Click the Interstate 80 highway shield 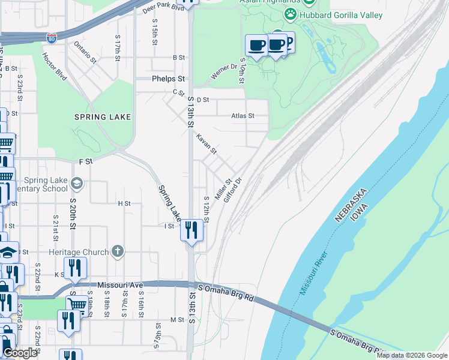tap(52, 37)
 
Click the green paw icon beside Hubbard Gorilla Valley tap(291, 13)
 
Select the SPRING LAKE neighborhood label tap(103, 117)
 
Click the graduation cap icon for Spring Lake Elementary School tap(76, 183)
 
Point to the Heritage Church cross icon tap(118, 252)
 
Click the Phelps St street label tap(168, 79)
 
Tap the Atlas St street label tap(243, 115)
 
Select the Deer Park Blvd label tap(163, 8)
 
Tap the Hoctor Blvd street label tap(54, 64)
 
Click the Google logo tap(20, 353)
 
